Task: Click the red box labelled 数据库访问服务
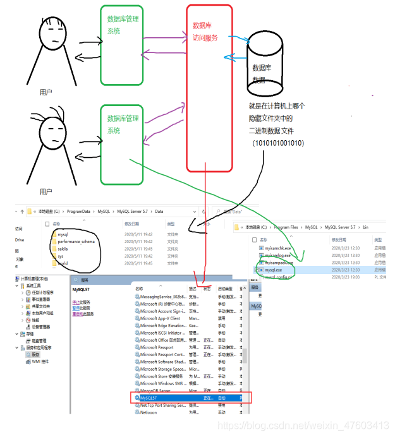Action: pyautogui.click(x=209, y=88)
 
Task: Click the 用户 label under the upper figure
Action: pyautogui.click(x=46, y=92)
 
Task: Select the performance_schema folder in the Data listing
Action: pyautogui.click(x=76, y=241)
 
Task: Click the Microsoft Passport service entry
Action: pyautogui.click(x=157, y=347)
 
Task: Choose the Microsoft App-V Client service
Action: pyautogui.click(x=160, y=318)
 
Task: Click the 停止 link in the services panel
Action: pyautogui.click(x=76, y=302)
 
